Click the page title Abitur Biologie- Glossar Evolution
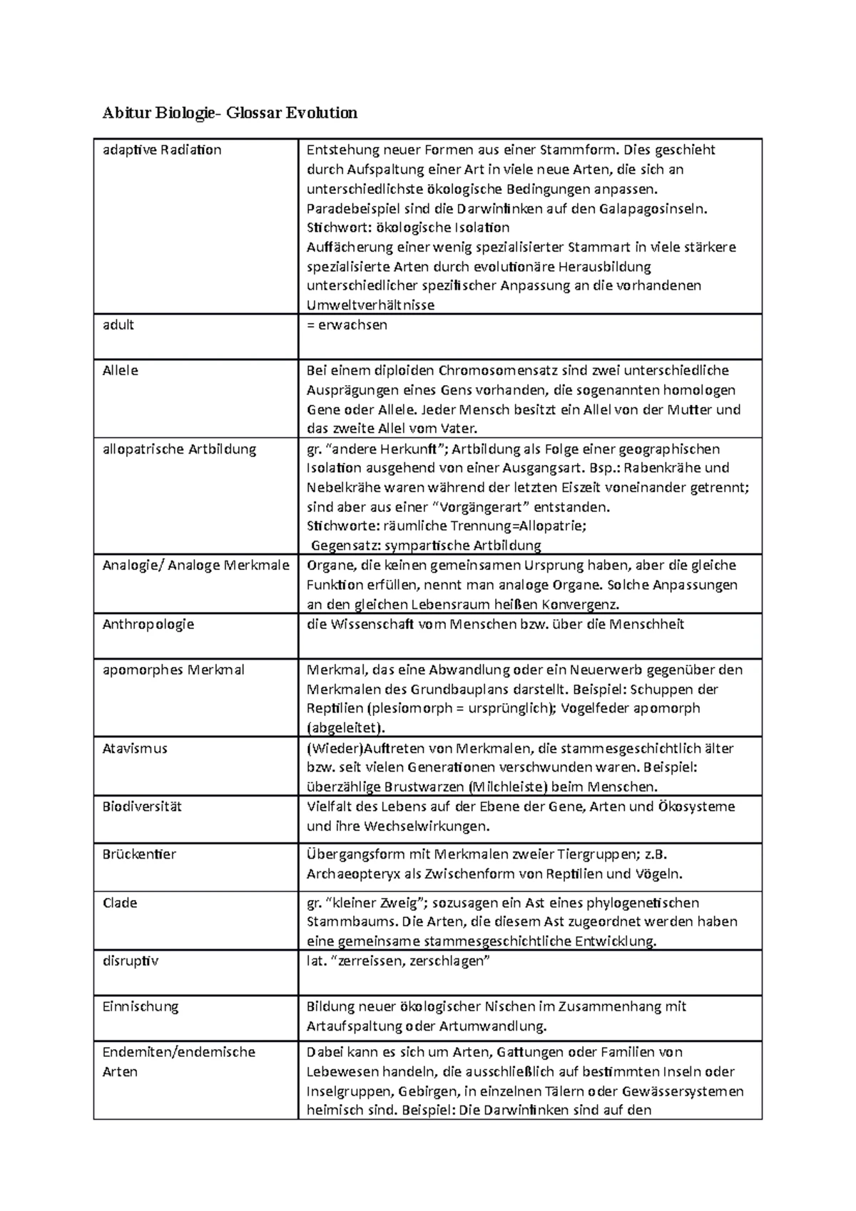230,113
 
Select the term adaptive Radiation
162,150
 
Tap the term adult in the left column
118,325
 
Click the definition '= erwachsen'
347,325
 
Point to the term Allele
121,371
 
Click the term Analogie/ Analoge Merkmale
195,566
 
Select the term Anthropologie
148,625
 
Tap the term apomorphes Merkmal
173,670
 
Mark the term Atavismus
135,749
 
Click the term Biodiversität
142,807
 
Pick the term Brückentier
139,854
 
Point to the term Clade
120,903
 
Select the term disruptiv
130,961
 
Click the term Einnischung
141,1007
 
